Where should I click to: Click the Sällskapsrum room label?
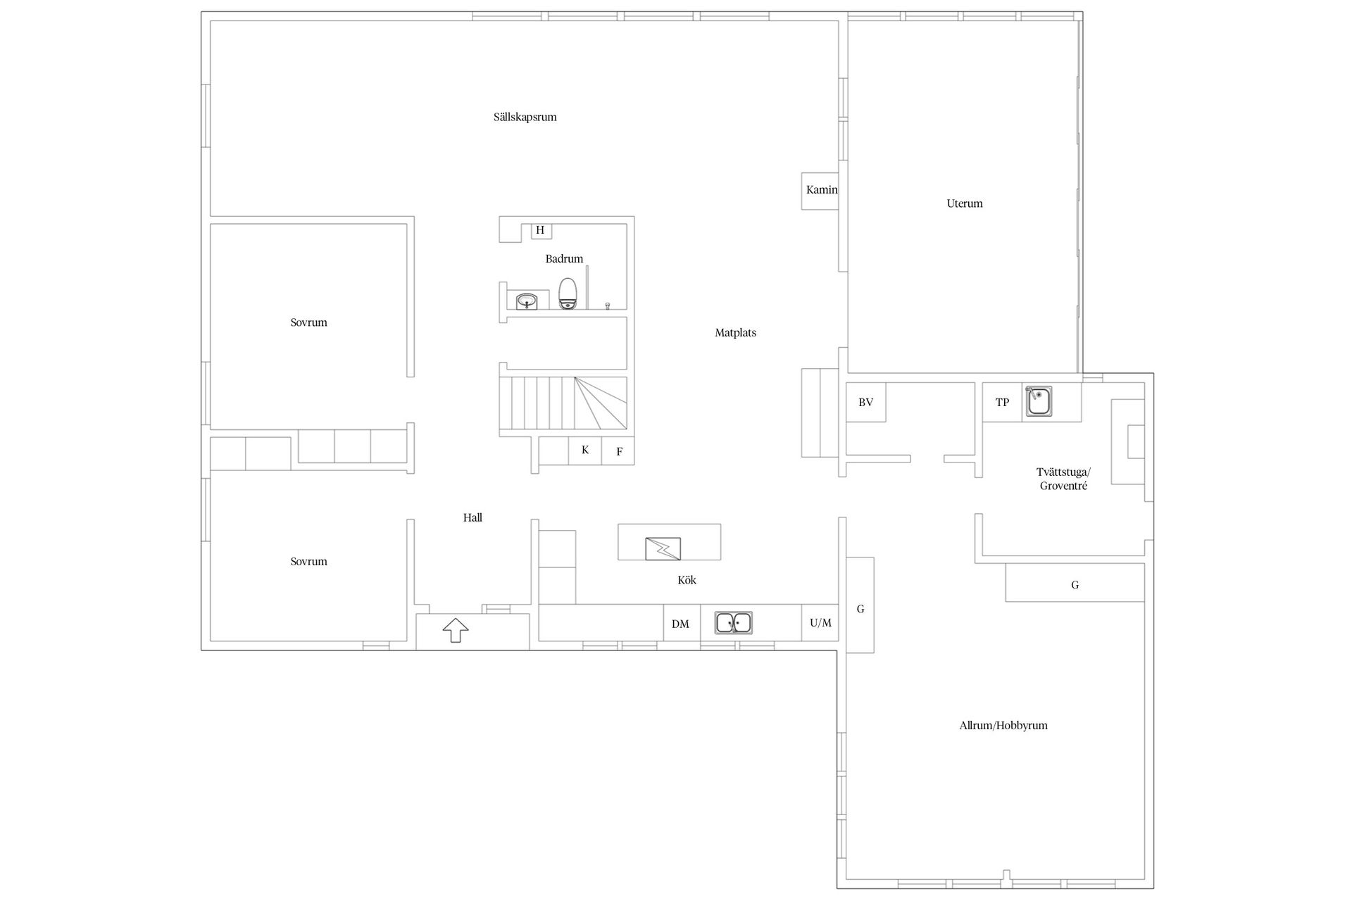(525, 117)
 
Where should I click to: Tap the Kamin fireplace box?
(820, 191)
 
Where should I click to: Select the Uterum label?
(964, 203)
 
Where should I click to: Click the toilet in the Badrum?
(568, 294)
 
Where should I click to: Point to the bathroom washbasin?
(526, 301)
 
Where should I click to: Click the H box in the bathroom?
(541, 230)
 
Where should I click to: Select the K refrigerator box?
(585, 450)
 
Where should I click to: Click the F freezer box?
(618, 450)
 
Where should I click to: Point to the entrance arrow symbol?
(456, 630)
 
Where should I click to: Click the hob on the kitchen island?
(663, 548)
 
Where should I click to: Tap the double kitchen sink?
(734, 623)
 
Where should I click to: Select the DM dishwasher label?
(680, 624)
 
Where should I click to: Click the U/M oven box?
(820, 622)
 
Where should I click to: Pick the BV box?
(865, 403)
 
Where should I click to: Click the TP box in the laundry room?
(1002, 403)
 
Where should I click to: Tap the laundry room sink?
(1038, 401)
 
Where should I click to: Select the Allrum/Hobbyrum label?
(1003, 725)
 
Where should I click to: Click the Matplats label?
(735, 333)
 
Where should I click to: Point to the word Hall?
(472, 517)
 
